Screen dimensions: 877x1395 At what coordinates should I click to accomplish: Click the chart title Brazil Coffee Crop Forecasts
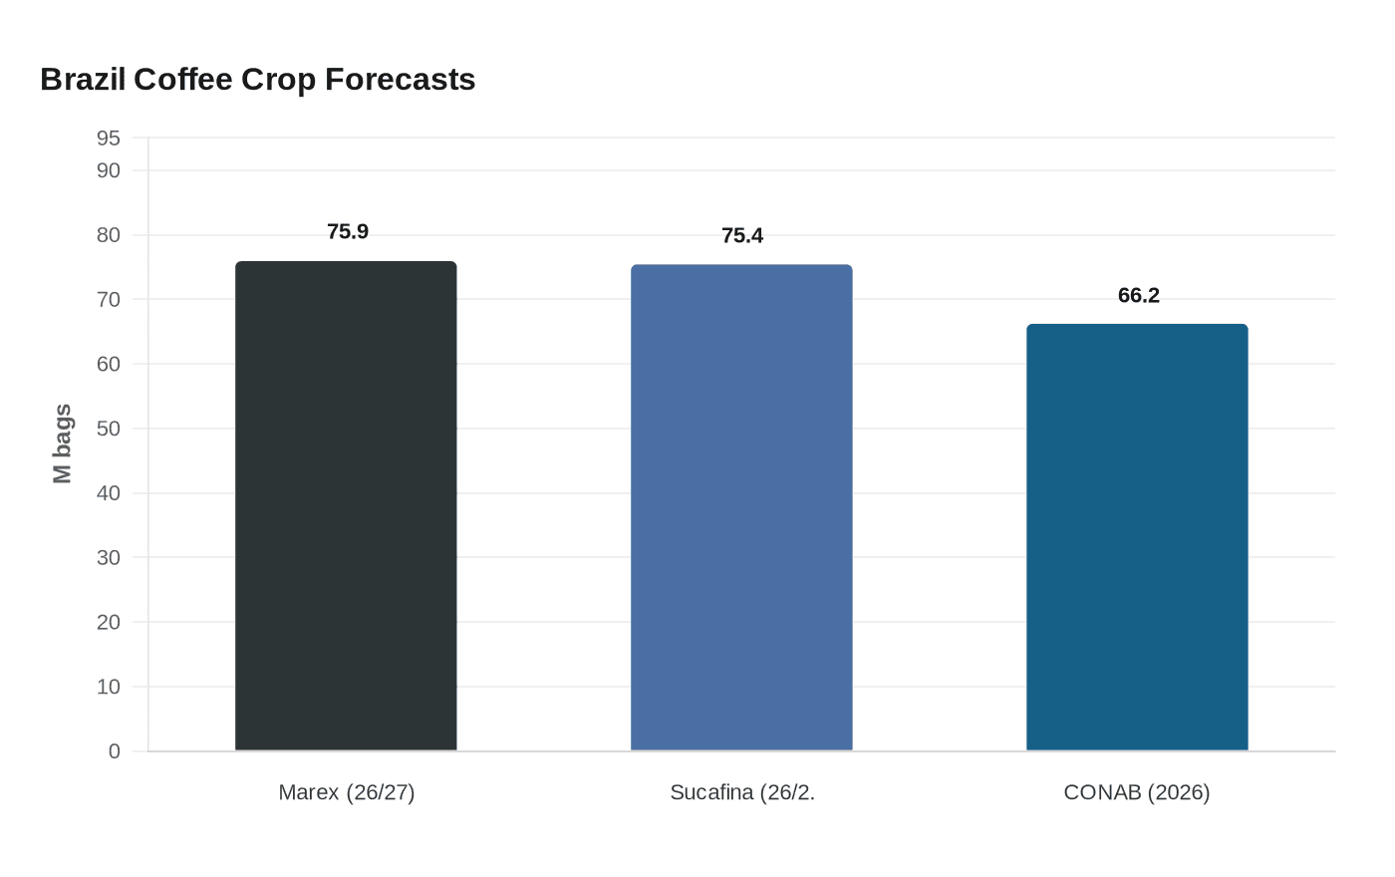[257, 80]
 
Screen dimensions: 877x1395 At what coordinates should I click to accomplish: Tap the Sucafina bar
[741, 507]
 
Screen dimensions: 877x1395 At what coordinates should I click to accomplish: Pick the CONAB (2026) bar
[1137, 537]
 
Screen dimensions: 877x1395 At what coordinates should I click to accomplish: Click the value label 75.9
[348, 232]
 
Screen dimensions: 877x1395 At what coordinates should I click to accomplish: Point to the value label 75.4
[742, 236]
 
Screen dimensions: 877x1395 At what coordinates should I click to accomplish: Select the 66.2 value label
[1138, 296]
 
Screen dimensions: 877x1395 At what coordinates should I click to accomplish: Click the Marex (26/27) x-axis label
[346, 792]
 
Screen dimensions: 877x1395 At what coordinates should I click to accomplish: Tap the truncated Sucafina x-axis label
[741, 792]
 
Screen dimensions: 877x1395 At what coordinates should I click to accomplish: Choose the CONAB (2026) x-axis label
[1137, 792]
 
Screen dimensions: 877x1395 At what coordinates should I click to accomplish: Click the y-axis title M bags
[63, 443]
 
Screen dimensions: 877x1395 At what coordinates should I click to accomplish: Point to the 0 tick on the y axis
[114, 751]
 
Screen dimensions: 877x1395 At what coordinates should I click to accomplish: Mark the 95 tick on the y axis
[108, 139]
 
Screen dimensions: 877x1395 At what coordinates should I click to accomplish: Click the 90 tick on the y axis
[108, 170]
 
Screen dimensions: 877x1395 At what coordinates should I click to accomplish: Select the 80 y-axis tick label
[108, 235]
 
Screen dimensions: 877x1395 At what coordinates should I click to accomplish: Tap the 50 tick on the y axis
[108, 429]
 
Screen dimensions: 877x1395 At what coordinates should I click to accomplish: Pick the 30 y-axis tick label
[108, 558]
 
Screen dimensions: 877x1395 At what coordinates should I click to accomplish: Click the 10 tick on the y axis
[108, 687]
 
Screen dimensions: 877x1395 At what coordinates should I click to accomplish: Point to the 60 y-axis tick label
[108, 365]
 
